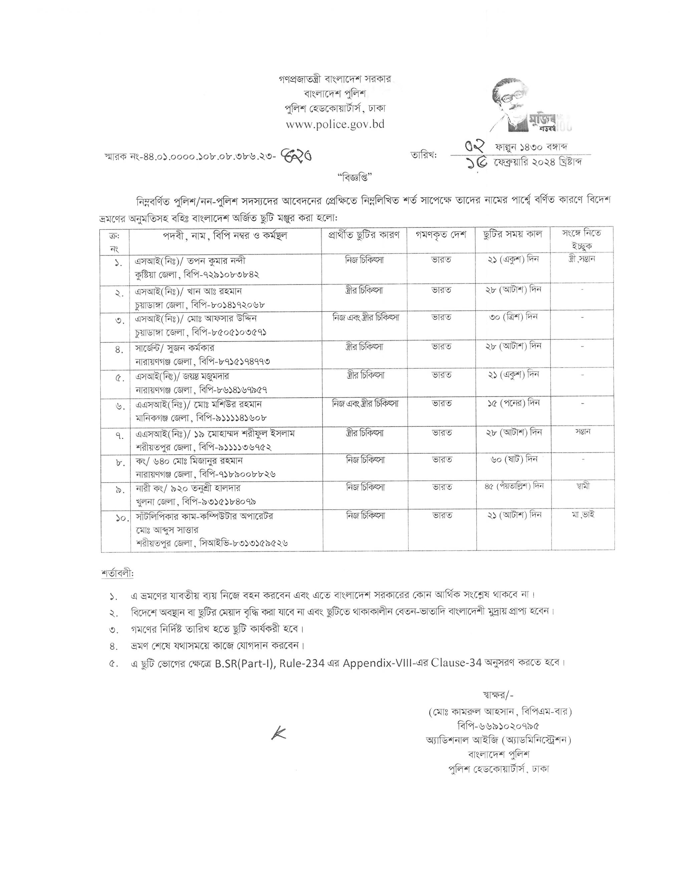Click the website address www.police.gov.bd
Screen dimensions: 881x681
coord(335,124)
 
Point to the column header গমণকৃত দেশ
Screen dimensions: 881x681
coord(441,235)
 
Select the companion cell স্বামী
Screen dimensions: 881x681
coord(583,486)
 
